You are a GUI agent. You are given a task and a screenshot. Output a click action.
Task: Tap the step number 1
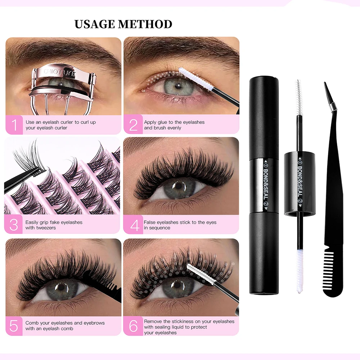point(14,125)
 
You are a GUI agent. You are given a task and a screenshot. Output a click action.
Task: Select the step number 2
point(133,125)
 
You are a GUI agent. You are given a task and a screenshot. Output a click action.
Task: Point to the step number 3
point(14,225)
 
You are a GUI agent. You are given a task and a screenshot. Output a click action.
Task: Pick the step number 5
point(14,326)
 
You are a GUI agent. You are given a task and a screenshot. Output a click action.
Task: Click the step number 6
point(133,326)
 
